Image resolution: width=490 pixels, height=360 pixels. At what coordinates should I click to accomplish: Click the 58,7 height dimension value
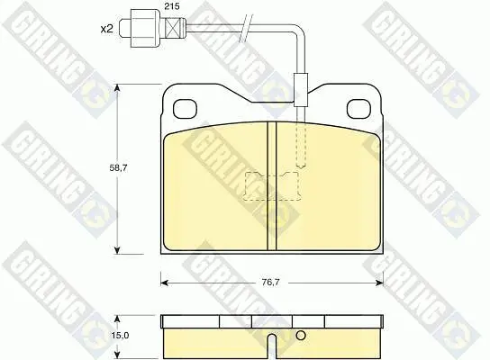[x=118, y=168]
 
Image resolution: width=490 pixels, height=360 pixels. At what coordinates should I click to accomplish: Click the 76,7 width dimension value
[x=270, y=283]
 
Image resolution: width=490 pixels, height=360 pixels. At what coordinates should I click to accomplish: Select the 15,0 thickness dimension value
[x=120, y=336]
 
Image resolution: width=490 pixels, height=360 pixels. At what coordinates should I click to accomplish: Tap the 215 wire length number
[x=172, y=6]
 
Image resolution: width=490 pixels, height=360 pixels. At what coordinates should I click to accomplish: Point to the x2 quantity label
[x=106, y=30]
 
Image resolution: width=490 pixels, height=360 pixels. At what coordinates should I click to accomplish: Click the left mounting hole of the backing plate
[x=185, y=109]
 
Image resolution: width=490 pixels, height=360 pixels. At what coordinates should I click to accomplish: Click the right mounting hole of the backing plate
[x=358, y=109]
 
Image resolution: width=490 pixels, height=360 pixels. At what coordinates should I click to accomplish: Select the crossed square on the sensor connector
[x=173, y=28]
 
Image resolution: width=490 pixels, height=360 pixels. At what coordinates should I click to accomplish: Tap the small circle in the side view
[x=301, y=336]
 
